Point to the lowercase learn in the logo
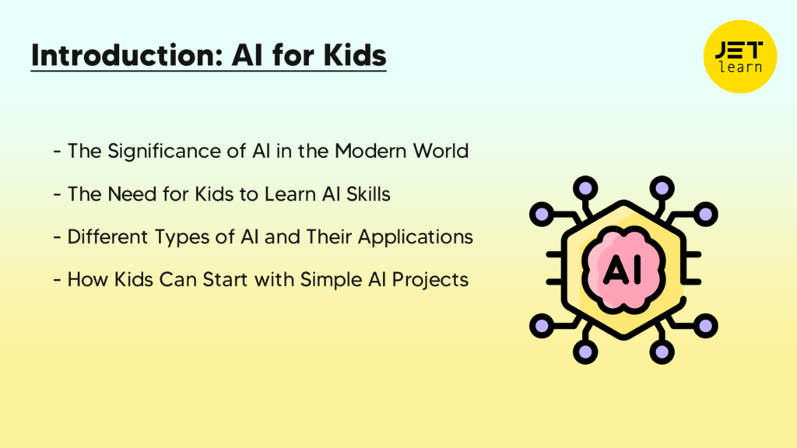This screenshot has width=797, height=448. click(x=740, y=68)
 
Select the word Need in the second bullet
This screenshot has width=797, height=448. click(x=123, y=193)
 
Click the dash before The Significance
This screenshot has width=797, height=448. click(x=58, y=151)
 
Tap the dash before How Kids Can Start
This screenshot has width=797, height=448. click(x=58, y=279)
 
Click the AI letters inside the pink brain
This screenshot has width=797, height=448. click(x=623, y=269)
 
